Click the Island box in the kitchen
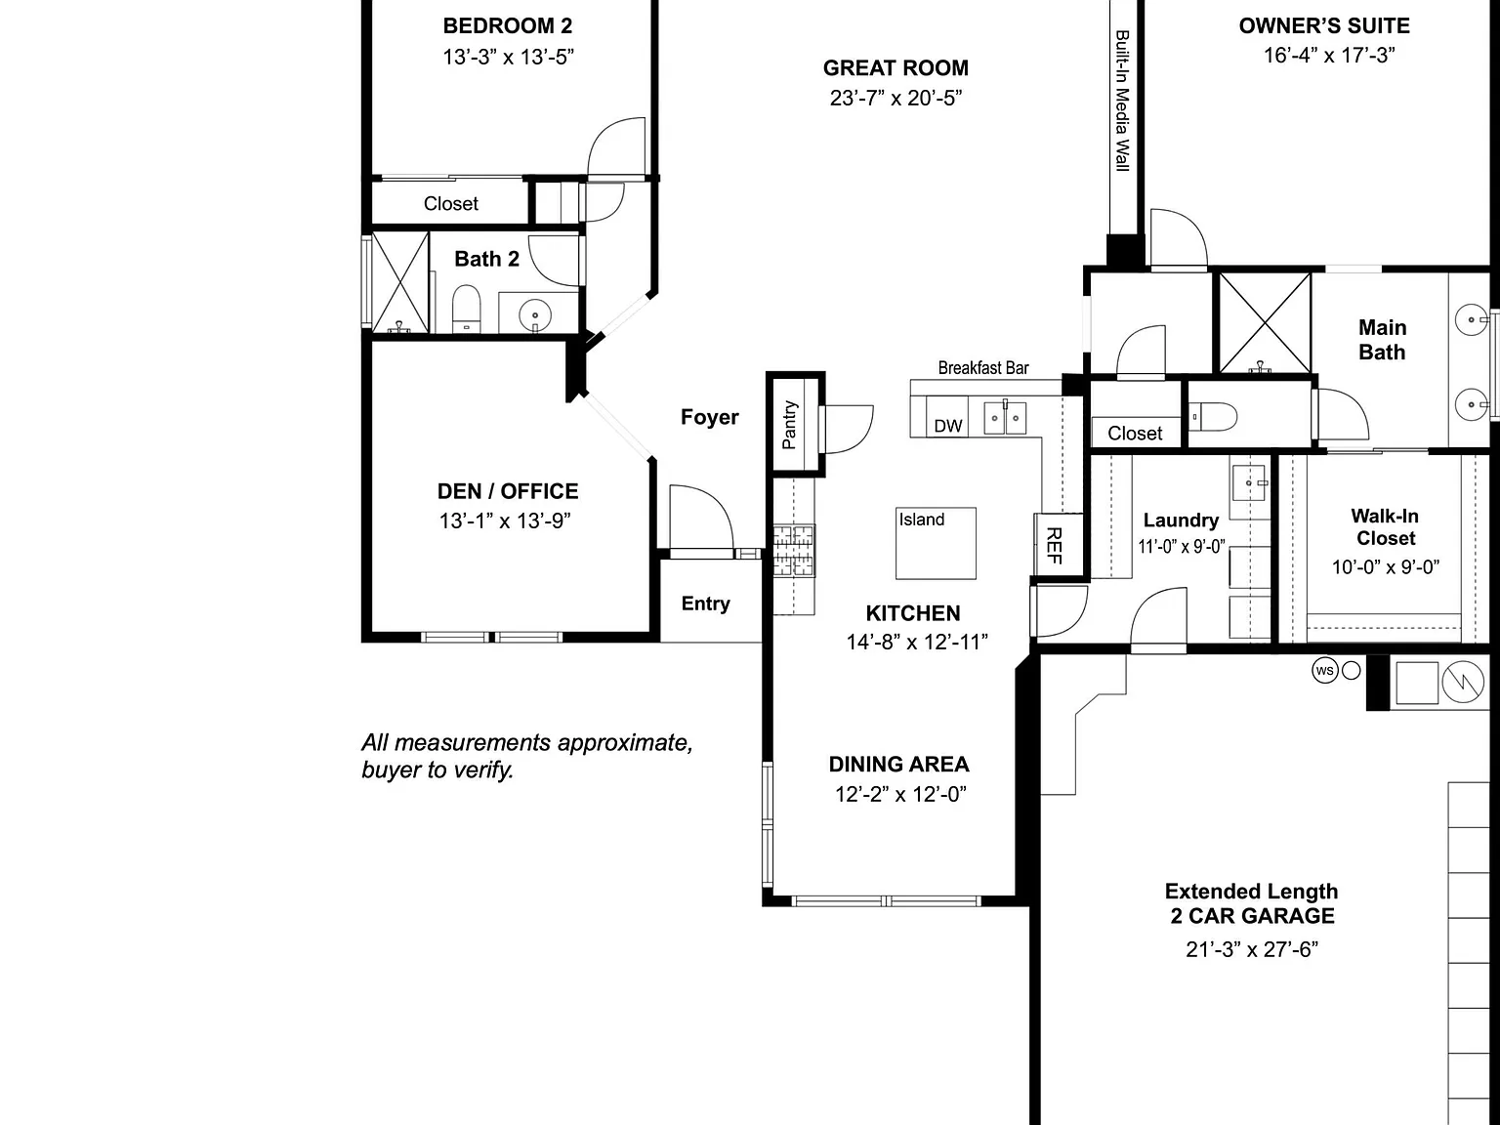click(x=936, y=543)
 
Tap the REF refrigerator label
click(x=1055, y=545)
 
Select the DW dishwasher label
click(x=948, y=426)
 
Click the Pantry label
click(x=789, y=425)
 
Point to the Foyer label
click(x=709, y=417)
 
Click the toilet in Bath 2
click(x=466, y=309)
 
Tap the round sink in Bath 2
click(x=535, y=315)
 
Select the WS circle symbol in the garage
click(x=1324, y=670)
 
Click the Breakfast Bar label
click(x=982, y=368)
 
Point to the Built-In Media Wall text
click(x=1122, y=101)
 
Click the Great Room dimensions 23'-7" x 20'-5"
click(x=896, y=99)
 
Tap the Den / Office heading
click(x=508, y=491)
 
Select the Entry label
click(x=706, y=604)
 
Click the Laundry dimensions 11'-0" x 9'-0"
click(x=1182, y=547)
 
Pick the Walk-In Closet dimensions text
click(x=1385, y=567)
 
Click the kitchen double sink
click(x=1005, y=417)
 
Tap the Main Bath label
click(x=1382, y=340)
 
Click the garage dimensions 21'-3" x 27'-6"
click(x=1252, y=949)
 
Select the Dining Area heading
click(x=898, y=764)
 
